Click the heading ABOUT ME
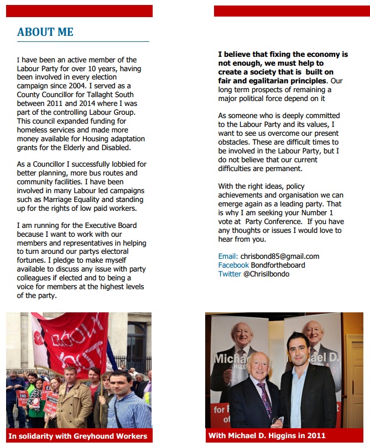pos(45,32)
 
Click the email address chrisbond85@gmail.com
pos(280,256)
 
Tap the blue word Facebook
pos(233,265)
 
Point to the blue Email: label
pos(228,256)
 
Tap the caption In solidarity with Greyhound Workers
pos(78,436)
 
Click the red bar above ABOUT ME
pos(79,10)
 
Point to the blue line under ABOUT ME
pos(83,41)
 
